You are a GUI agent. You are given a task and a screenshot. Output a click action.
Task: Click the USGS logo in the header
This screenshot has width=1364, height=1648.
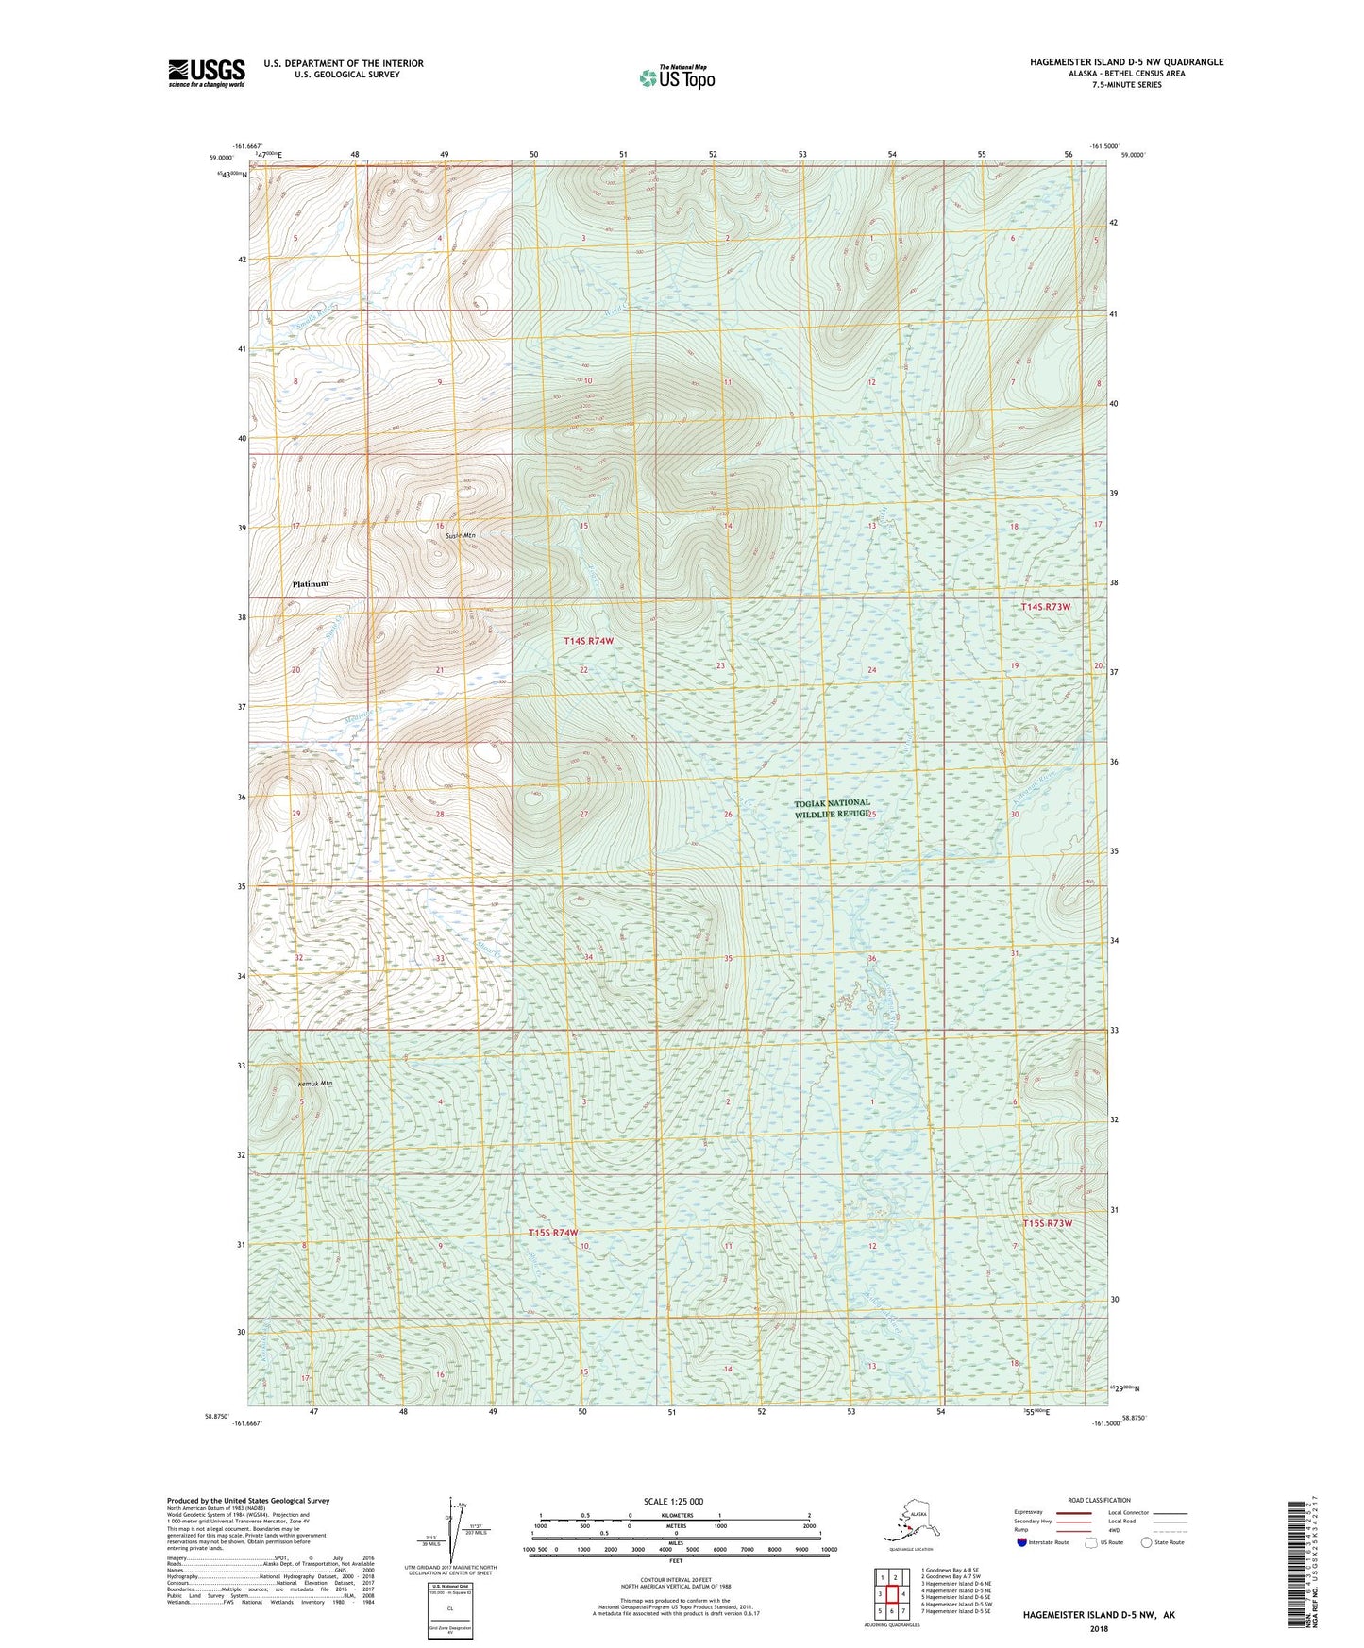pyautogui.click(x=206, y=73)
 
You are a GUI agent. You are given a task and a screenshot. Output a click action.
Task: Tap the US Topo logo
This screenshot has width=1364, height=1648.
pyautogui.click(x=676, y=77)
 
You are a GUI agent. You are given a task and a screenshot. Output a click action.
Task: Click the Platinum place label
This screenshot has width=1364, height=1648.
pyautogui.click(x=311, y=584)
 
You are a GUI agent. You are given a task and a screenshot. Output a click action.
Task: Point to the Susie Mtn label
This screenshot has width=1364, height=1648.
pyautogui.click(x=461, y=535)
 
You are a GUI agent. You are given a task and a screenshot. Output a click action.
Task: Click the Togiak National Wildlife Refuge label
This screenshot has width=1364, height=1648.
pyautogui.click(x=832, y=808)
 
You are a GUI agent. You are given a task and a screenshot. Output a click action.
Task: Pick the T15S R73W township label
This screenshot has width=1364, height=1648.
pyautogui.click(x=1048, y=1223)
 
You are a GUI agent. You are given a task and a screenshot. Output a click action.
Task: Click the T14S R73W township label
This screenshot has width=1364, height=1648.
pyautogui.click(x=1046, y=607)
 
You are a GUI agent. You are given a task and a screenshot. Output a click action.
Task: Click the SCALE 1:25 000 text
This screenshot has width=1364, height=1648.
pyautogui.click(x=674, y=1501)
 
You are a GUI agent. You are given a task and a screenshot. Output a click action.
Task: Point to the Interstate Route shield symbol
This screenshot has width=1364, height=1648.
pyautogui.click(x=1022, y=1542)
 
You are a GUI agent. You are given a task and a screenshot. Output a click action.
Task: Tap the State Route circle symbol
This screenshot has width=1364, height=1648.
pyautogui.click(x=1147, y=1542)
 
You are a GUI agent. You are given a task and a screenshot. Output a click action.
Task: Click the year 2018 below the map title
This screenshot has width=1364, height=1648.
pyautogui.click(x=1098, y=1628)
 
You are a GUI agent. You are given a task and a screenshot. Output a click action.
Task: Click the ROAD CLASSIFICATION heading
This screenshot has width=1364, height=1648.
pyautogui.click(x=1099, y=1500)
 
